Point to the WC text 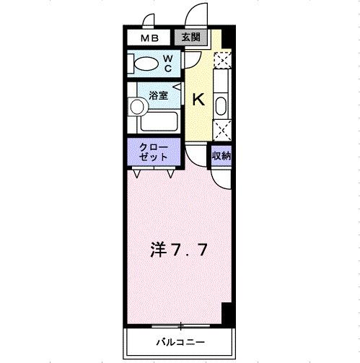point(167,64)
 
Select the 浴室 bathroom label point(157,93)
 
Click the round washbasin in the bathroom point(137,108)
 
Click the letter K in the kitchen point(199,100)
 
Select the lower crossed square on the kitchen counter point(223,131)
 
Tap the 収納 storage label point(221,154)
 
